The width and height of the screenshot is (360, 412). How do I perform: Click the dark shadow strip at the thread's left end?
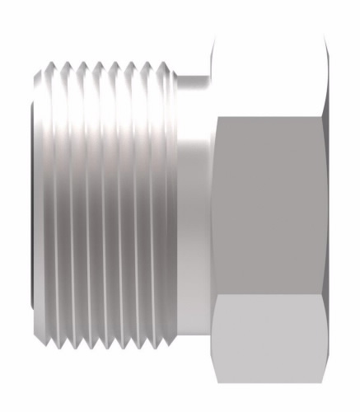(x=34, y=206)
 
